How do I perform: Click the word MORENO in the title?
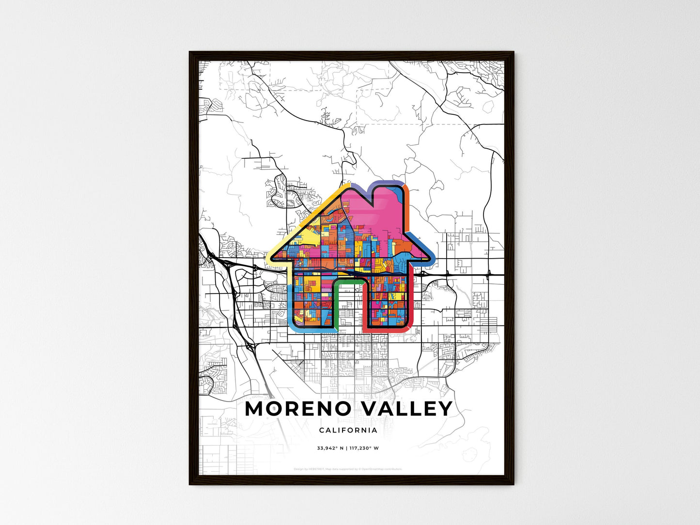pos(297,409)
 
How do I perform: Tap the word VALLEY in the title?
pos(407,409)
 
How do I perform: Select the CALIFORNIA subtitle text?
pos(348,430)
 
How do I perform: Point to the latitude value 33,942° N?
pos(330,448)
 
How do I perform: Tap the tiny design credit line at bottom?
pos(348,469)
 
